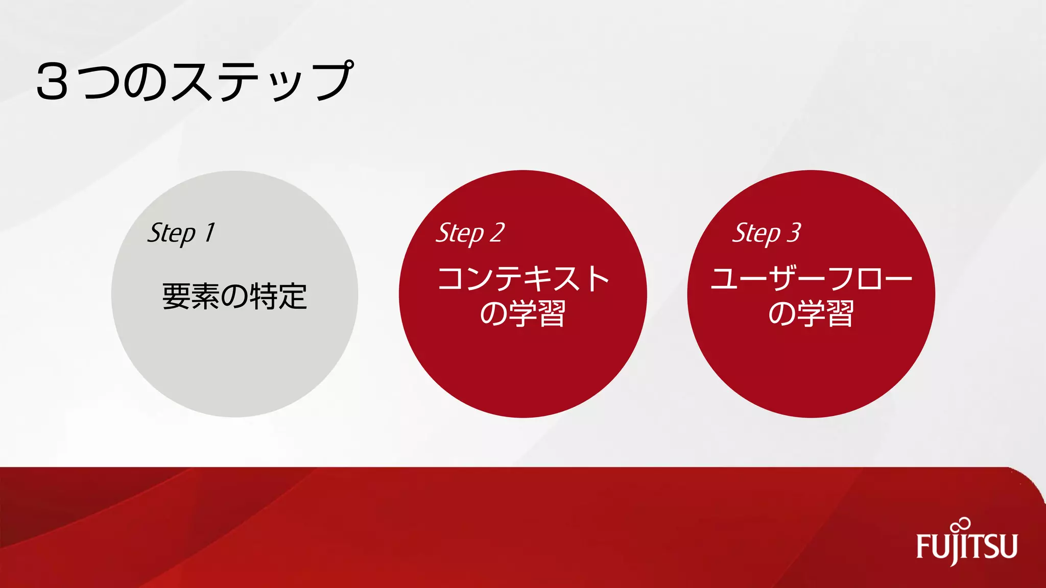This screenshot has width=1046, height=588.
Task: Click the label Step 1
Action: tap(181, 233)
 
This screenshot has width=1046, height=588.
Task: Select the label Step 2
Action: tap(470, 233)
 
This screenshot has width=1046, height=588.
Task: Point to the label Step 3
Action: tap(767, 233)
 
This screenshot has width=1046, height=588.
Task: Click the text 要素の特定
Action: tap(234, 297)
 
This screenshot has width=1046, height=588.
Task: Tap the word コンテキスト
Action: tap(524, 279)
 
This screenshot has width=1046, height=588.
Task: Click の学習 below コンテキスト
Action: tap(522, 313)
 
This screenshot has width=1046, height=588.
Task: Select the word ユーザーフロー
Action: tap(811, 279)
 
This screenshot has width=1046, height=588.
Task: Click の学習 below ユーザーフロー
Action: tap(811, 313)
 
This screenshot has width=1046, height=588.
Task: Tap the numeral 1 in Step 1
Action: tap(209, 233)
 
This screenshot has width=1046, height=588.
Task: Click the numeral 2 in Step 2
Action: tap(497, 233)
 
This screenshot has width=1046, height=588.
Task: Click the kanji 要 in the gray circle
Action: tap(176, 297)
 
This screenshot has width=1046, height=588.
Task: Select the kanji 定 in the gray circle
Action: tap(293, 297)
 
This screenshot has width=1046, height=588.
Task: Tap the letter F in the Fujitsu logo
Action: tap(923, 547)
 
